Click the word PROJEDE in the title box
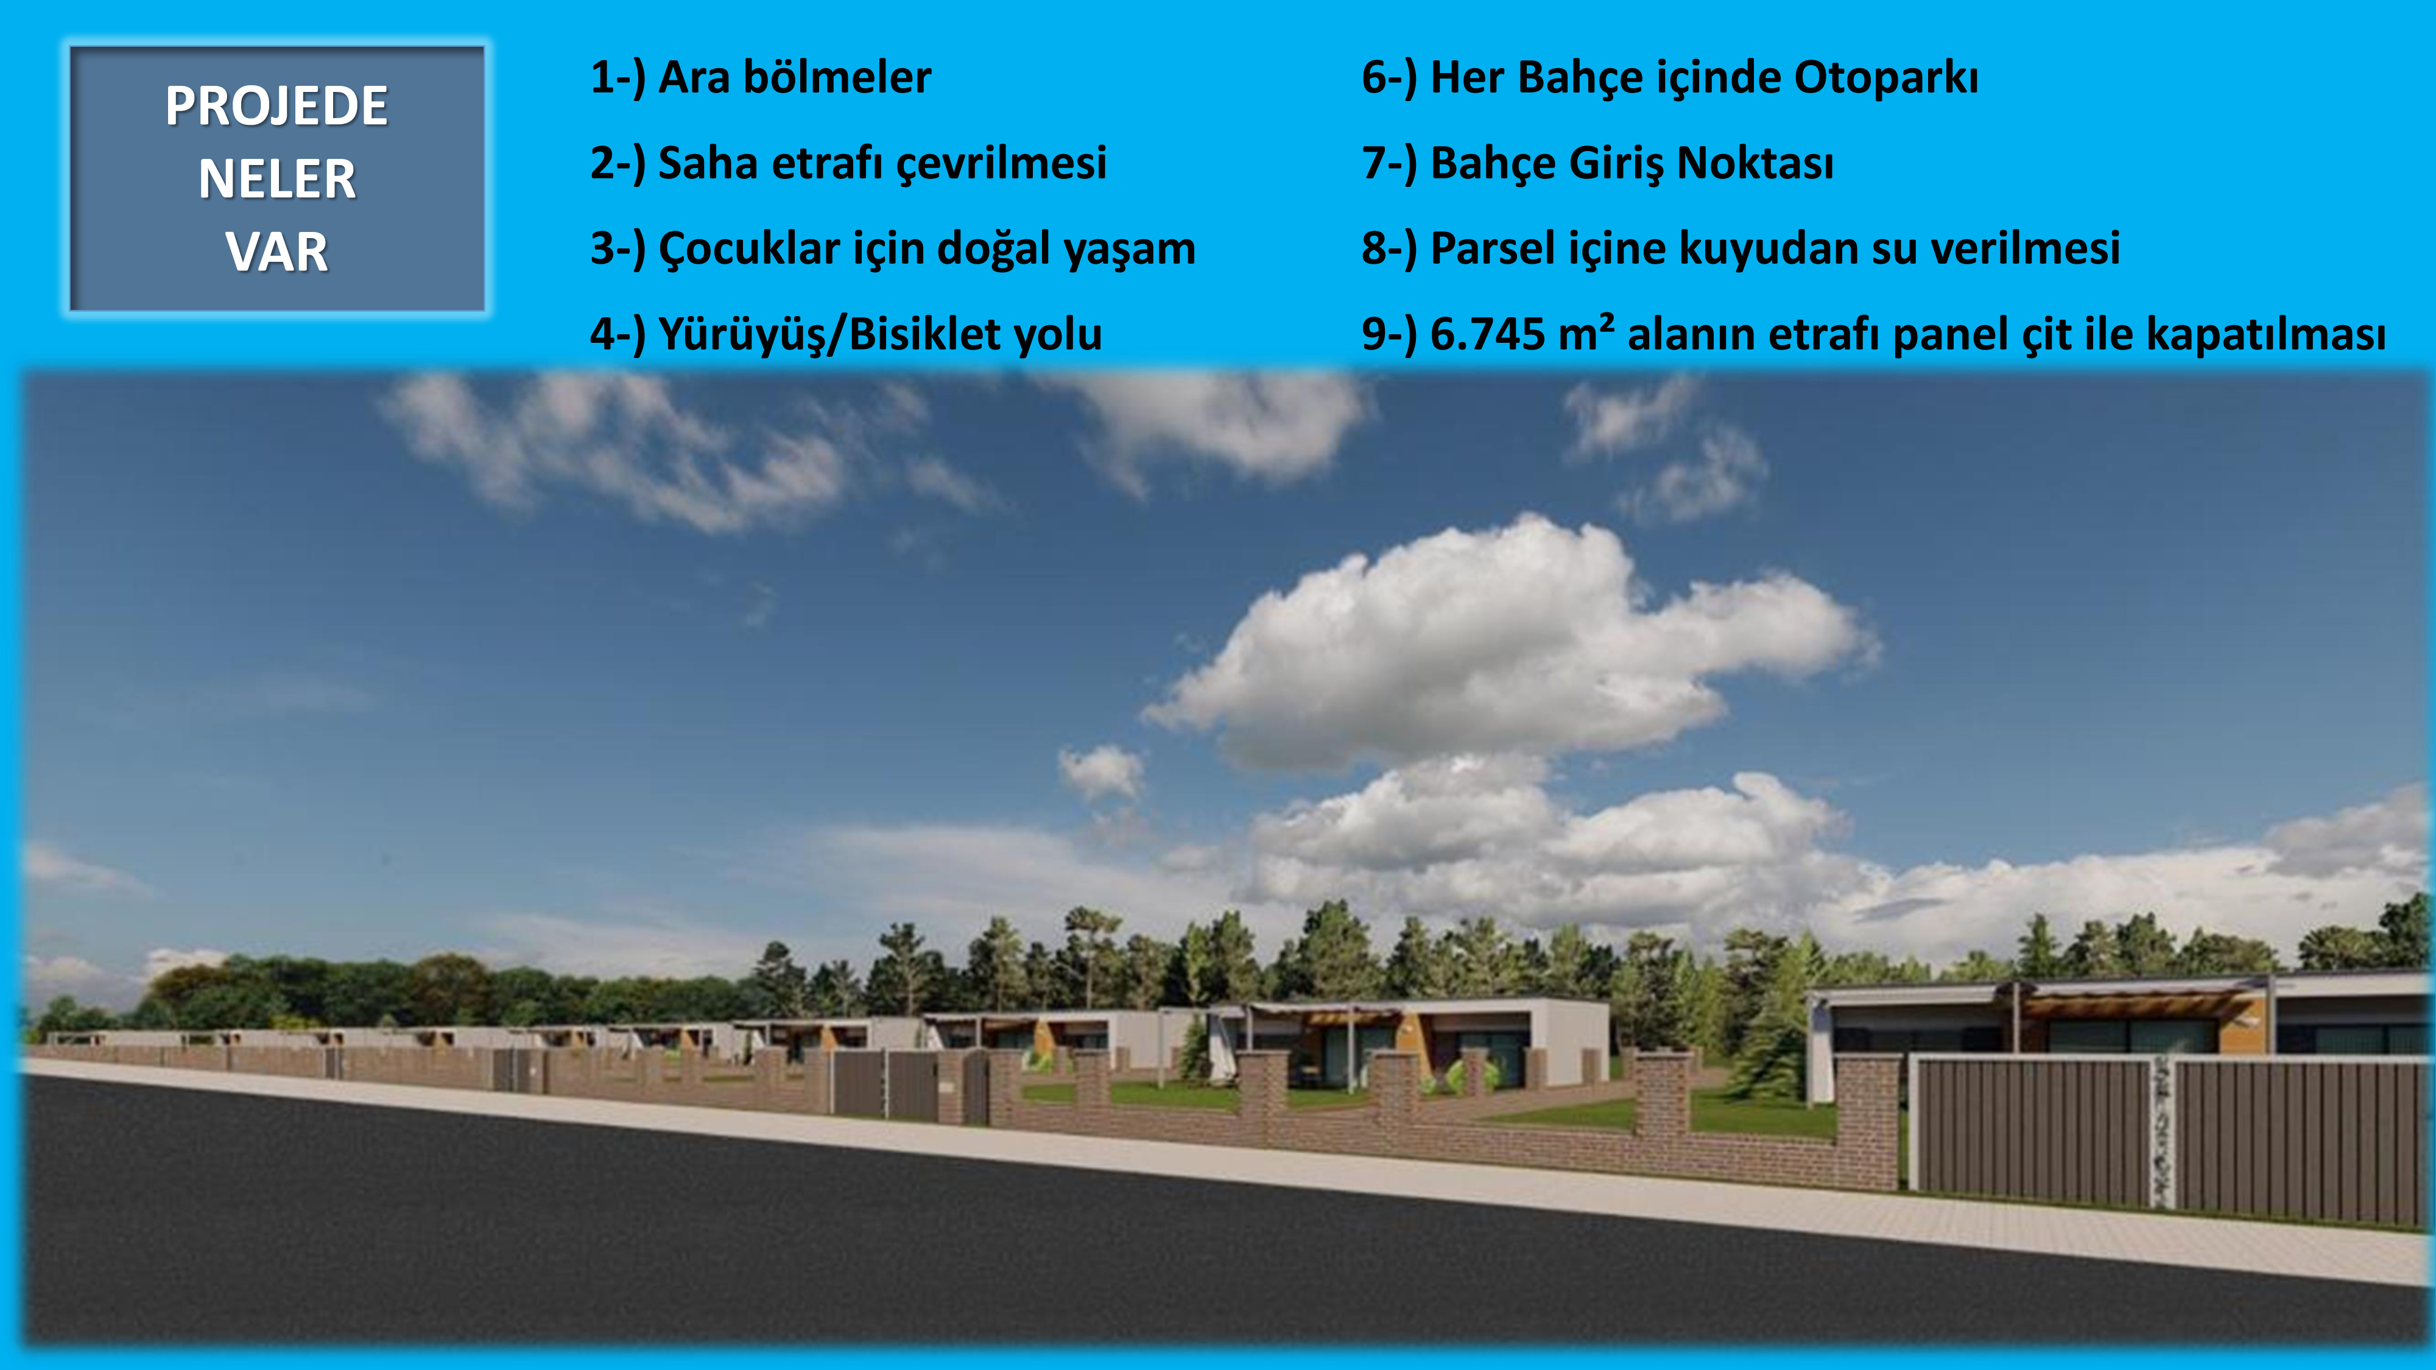tap(276, 106)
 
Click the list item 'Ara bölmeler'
tap(794, 77)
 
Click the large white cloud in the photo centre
tap(1513, 643)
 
